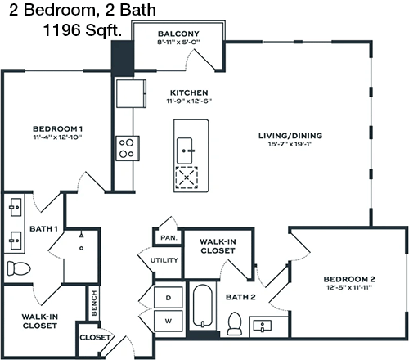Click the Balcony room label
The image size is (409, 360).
pos(178,34)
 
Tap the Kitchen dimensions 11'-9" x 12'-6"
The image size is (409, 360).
pos(189,101)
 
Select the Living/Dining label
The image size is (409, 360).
pos(290,136)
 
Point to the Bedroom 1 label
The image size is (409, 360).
pos(57,128)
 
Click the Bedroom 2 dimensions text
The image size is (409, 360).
pos(349,287)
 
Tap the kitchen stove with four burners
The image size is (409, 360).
pos(128,148)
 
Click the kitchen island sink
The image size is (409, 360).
pos(185,151)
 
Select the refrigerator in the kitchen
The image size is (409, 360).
pos(131,93)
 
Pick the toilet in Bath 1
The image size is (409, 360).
pos(19,268)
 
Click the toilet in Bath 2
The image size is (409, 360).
pos(235,323)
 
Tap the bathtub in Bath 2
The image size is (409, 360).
pos(203,305)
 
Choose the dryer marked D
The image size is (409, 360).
pos(169,298)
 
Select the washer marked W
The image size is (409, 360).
pos(169,321)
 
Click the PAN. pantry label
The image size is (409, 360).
pos(169,238)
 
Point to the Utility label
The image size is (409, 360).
pos(164,260)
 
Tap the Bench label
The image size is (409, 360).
pos(94,303)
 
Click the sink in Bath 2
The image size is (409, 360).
pos(263,326)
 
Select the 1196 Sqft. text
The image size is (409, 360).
pos(83,29)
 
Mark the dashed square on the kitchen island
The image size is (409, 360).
pos(187,178)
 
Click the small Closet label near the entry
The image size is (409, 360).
pos(95,337)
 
